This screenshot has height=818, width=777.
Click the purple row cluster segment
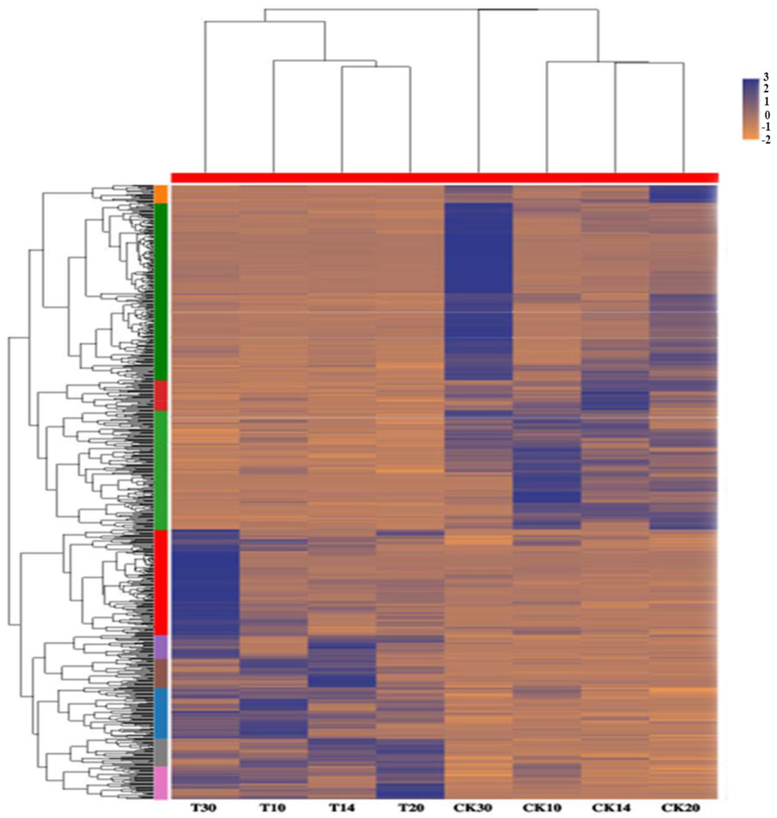click(161, 648)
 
